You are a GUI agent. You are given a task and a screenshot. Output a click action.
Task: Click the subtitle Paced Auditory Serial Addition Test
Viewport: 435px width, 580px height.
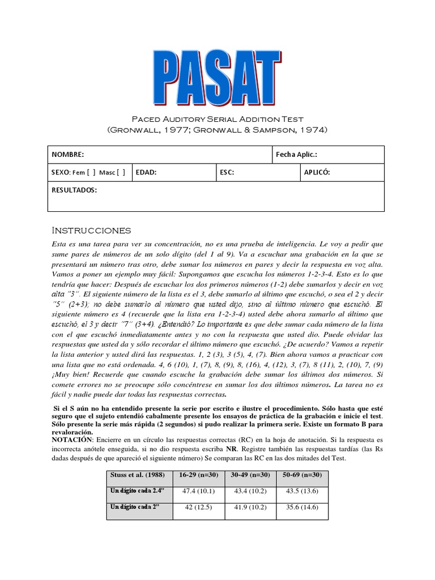coord(217,120)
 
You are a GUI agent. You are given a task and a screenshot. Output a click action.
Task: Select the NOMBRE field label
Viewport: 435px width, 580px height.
coord(68,155)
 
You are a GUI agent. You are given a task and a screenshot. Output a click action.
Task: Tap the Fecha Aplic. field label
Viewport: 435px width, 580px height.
coord(296,155)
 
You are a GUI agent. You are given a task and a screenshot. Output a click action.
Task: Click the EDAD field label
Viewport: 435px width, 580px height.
coord(146,173)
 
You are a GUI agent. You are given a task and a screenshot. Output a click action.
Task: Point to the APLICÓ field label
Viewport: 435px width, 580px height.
coord(317,173)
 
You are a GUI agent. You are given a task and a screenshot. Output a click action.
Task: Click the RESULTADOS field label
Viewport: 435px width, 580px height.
coord(74,191)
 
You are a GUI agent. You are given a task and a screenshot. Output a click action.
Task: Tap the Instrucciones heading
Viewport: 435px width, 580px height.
coord(91,231)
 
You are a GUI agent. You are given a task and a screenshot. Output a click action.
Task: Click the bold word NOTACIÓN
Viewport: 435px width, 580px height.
coord(72,439)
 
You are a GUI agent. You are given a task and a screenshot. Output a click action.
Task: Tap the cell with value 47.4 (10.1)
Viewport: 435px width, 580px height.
coord(198,491)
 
